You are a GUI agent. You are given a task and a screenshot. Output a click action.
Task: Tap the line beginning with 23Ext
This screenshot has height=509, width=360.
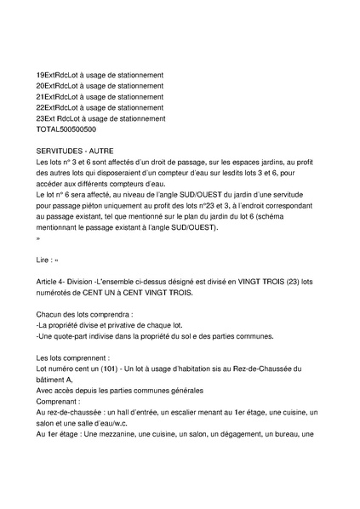pyautogui.click(x=101, y=119)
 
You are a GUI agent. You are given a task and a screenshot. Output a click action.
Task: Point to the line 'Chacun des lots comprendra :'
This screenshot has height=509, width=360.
pyautogui.click(x=87, y=315)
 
